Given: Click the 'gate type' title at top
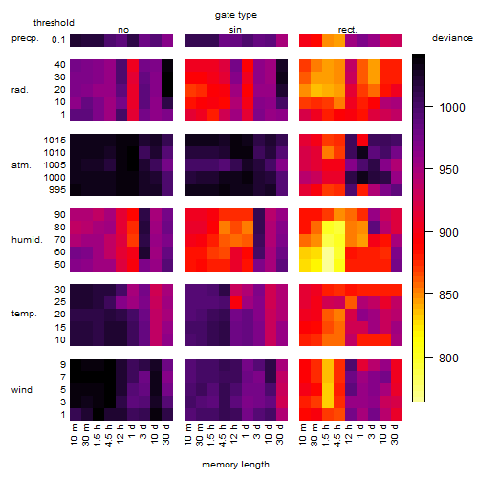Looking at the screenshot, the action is [x=236, y=15].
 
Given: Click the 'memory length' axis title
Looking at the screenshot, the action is [x=235, y=465].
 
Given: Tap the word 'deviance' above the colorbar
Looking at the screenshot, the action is [x=452, y=38].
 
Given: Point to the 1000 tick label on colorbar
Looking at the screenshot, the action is [x=452, y=108].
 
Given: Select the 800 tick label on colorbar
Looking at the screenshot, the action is [x=448, y=358].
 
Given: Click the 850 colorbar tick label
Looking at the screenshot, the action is [x=448, y=295].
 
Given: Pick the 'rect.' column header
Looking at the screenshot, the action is [x=348, y=30].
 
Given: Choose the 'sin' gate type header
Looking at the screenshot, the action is [x=235, y=30].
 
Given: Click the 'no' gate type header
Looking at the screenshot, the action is [x=123, y=30].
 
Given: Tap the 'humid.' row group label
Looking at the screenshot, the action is [x=27, y=240].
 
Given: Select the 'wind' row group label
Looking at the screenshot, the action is [x=22, y=390].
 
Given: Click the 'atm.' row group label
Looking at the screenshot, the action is [x=21, y=165].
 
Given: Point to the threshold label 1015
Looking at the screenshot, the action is [x=54, y=141].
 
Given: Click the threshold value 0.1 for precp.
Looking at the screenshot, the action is [x=58, y=40].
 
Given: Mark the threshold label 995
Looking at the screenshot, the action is [x=57, y=190].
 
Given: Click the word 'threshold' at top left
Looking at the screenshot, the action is [x=54, y=23].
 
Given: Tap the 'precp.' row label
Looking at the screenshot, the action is [x=25, y=38].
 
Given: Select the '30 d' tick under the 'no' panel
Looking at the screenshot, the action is [x=166, y=434].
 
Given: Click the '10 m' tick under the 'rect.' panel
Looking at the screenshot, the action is [x=303, y=435].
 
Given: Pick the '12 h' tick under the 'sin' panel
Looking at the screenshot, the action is [x=234, y=434].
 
